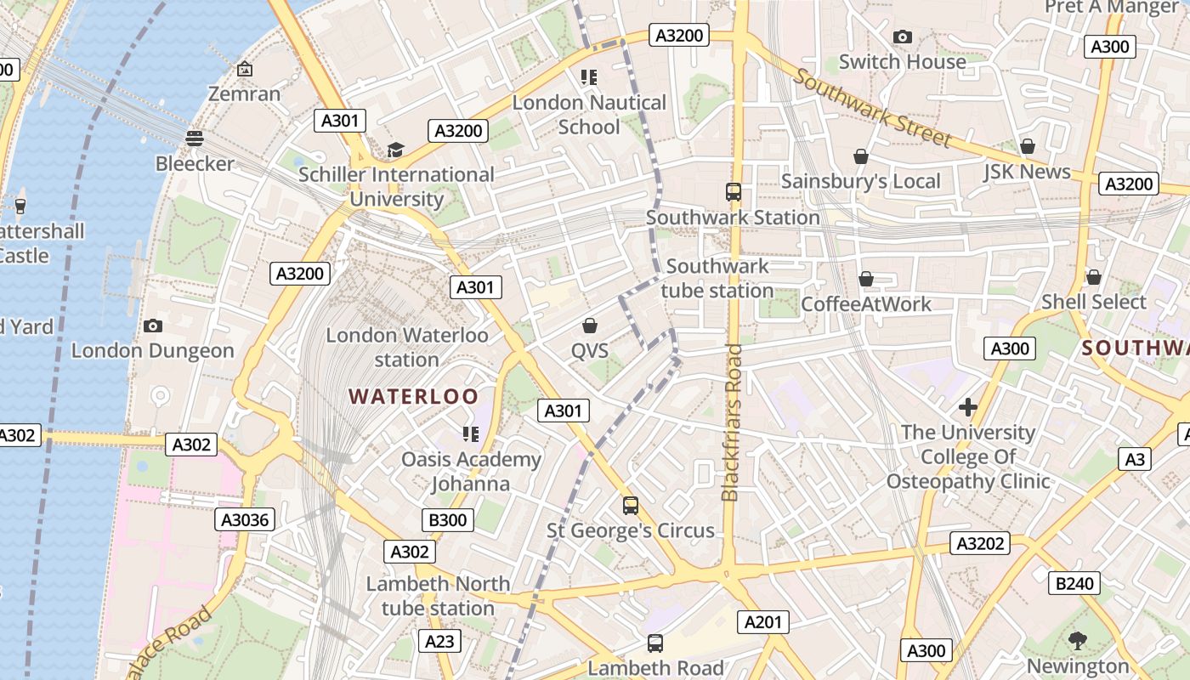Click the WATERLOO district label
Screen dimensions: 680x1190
pos(413,396)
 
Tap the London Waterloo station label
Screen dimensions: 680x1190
pos(407,347)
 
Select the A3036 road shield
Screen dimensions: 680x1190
pos(246,519)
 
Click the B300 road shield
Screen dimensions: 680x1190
pos(447,519)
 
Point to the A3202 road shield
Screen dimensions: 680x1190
pos(981,543)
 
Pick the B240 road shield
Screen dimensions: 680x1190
pos(1075,583)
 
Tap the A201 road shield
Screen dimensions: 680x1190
pos(762,622)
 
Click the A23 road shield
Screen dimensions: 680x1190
pos(439,641)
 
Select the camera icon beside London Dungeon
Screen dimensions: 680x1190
pos(153,326)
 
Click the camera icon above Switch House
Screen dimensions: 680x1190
pos(903,37)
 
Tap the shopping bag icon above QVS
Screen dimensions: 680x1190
pos(589,326)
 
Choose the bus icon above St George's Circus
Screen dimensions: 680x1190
pos(630,506)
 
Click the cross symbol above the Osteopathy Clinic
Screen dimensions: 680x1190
pos(967,407)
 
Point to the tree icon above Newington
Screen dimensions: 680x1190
pos(1078,640)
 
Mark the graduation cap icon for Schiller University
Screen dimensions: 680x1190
pos(395,150)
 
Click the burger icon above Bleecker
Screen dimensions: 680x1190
pos(195,138)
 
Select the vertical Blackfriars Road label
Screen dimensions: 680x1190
pos(732,422)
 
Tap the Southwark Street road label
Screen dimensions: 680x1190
pos(873,107)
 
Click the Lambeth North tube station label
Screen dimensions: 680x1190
pos(438,596)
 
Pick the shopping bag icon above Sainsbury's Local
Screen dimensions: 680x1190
pos(860,156)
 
